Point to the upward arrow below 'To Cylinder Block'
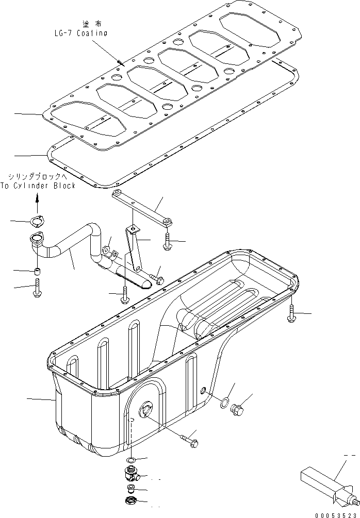(x=37, y=198)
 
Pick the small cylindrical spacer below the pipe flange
(x=37, y=271)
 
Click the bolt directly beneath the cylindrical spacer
(x=37, y=288)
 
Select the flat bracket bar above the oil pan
(x=142, y=206)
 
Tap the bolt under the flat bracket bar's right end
(x=167, y=241)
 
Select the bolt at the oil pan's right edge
(x=292, y=313)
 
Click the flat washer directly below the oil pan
(x=132, y=460)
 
